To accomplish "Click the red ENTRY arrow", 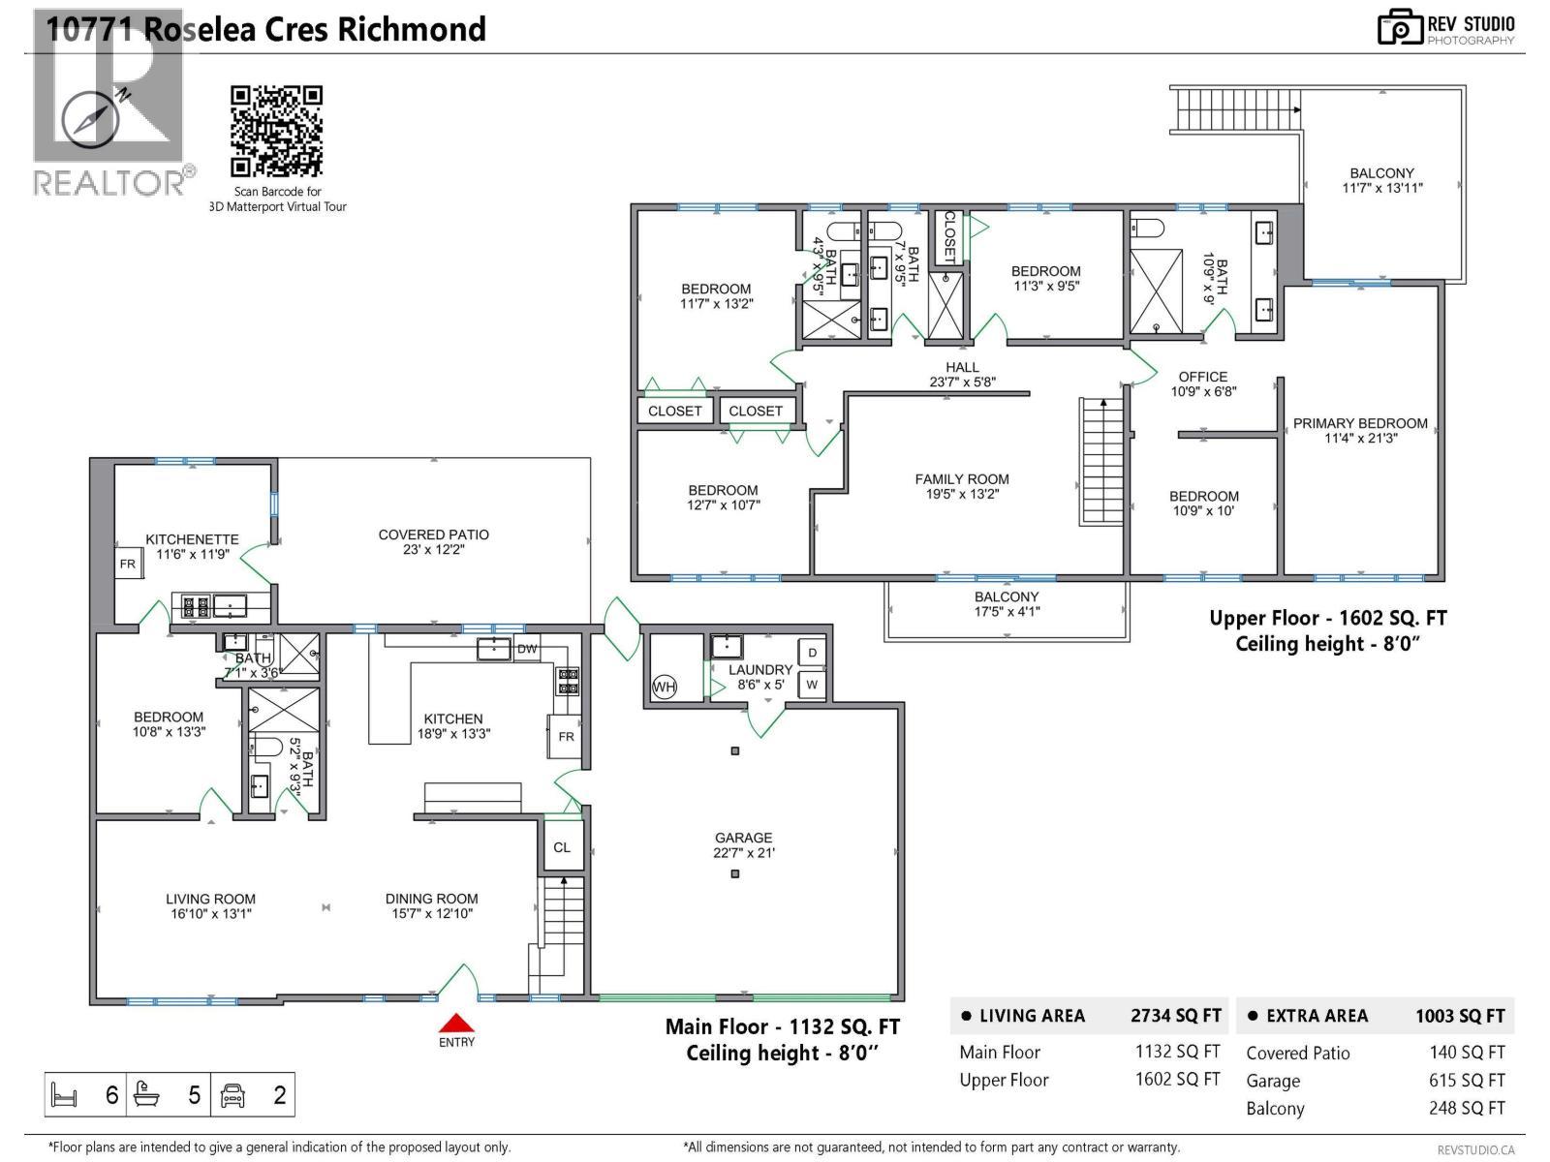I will coord(456,1024).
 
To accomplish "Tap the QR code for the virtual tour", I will coord(276,131).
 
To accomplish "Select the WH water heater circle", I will coord(664,688).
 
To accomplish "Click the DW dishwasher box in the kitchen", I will coord(527,649).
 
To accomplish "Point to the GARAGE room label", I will coord(743,838).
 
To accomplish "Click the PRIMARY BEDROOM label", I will coord(1360,423).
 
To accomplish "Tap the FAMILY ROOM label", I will coord(962,479).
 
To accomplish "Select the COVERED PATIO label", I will coord(433,535).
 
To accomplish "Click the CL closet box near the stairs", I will coord(562,847).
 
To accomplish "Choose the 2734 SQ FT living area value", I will coord(1175,1016).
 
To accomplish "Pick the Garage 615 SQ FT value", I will coord(1467,1081).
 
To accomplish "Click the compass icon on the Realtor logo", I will coord(91,120).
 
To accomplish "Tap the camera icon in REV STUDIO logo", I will coord(1400,28).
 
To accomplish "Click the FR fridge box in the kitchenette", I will coord(128,564).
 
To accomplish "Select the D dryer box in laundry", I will coord(812,653).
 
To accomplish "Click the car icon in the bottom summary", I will coord(233,1095).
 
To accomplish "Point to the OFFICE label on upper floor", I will coord(1202,377).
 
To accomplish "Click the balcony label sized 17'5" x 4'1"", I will coord(1007,597).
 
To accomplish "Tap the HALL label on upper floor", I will coord(962,367).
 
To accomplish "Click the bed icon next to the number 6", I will coord(64,1095).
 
